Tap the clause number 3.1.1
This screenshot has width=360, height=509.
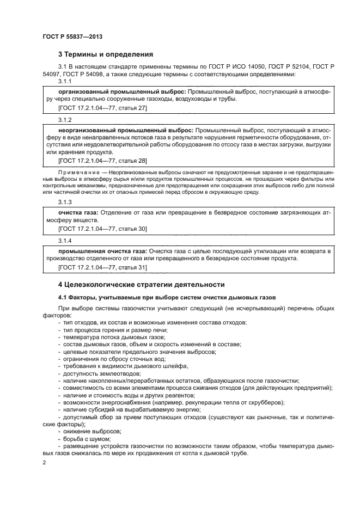click(65, 81)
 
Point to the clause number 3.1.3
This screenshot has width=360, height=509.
click(65, 201)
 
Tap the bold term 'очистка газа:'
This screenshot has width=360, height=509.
click(80, 212)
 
